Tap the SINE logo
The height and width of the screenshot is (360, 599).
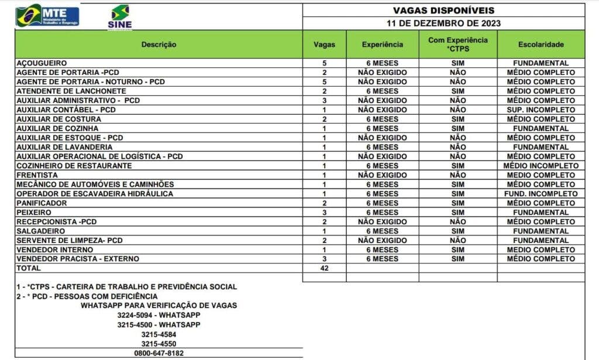pyautogui.click(x=120, y=17)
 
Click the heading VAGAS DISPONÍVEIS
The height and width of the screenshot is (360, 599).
pyautogui.click(x=443, y=11)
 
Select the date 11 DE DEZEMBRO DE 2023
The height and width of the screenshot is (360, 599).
pyautogui.click(x=443, y=23)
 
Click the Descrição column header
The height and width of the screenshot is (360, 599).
pyautogui.click(x=159, y=44)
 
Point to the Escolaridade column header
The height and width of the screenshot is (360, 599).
pyautogui.click(x=541, y=44)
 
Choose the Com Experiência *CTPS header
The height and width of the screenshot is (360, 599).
pyautogui.click(x=457, y=44)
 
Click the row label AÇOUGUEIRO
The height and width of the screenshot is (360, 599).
pyautogui.click(x=42, y=63)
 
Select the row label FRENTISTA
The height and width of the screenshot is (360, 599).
pyautogui.click(x=37, y=175)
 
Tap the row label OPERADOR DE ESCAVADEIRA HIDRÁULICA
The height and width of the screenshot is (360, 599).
pyautogui.click(x=95, y=194)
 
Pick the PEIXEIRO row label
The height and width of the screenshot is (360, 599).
pyautogui.click(x=34, y=212)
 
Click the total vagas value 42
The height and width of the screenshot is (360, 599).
pyautogui.click(x=324, y=268)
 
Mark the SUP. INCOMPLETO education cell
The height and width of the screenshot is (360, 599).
pyautogui.click(x=541, y=109)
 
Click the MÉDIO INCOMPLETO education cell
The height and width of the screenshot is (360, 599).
pyautogui.click(x=541, y=166)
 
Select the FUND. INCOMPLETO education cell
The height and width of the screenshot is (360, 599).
pyautogui.click(x=541, y=194)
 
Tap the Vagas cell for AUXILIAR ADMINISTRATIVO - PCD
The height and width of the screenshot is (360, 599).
pyautogui.click(x=324, y=100)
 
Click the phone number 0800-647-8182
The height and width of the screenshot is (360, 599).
pyautogui.click(x=159, y=354)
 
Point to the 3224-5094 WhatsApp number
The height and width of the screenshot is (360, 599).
pyautogui.click(x=159, y=315)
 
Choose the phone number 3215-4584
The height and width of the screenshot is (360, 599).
pyautogui.click(x=159, y=334)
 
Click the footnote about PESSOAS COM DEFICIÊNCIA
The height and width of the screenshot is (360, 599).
pyautogui.click(x=87, y=296)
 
